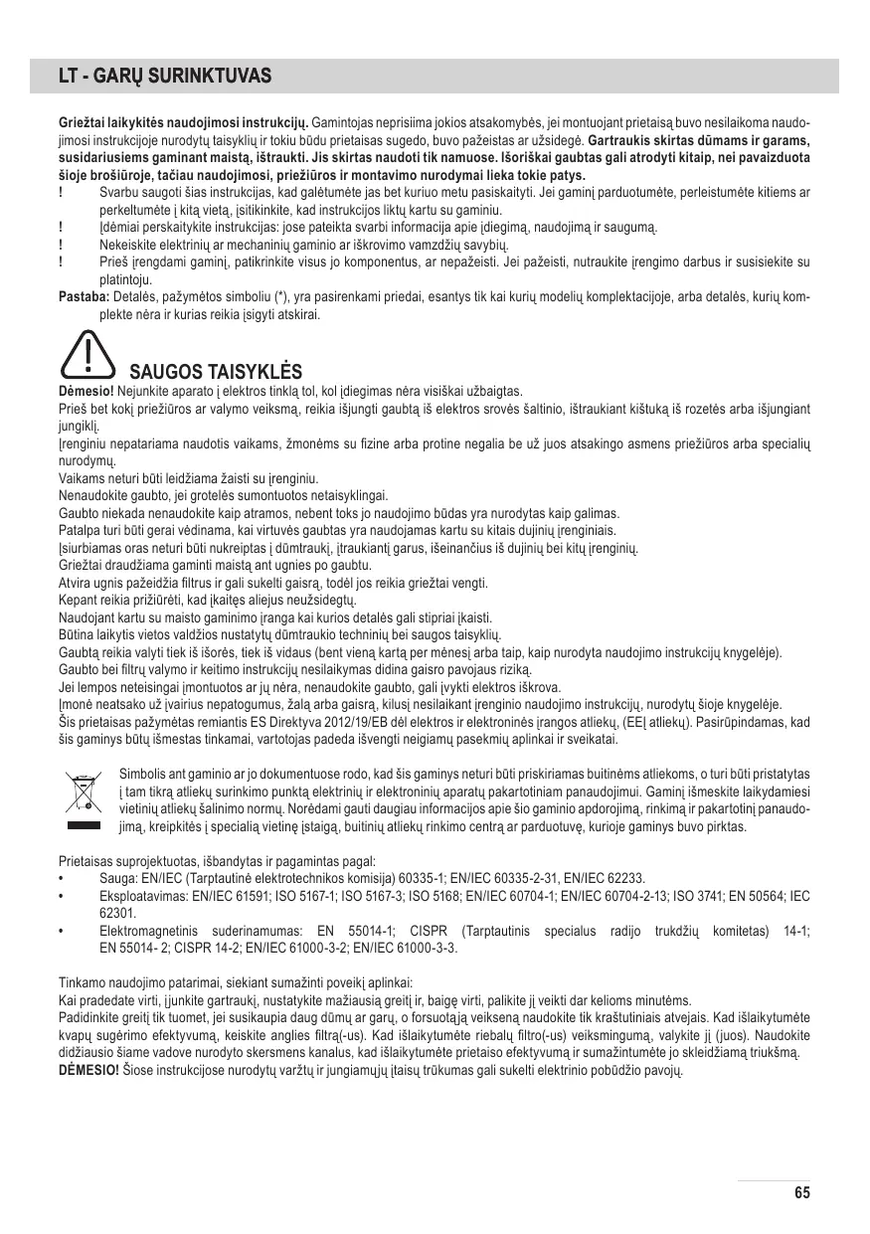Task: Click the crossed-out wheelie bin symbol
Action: tap(84, 791)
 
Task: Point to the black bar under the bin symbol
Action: tap(84, 824)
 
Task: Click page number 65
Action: tap(802, 1193)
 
